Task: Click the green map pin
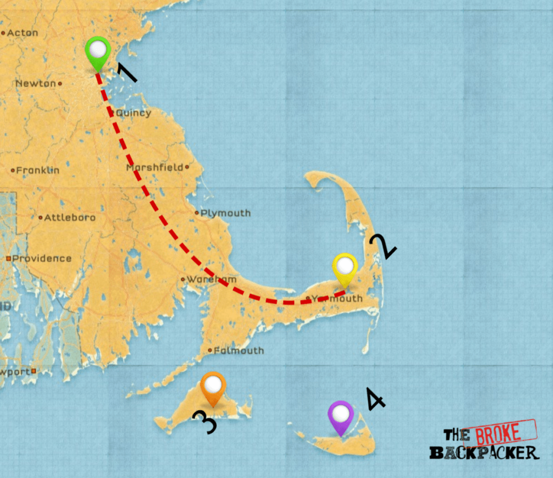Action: tap(98, 52)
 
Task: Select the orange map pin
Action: tap(213, 387)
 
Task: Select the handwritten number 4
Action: tap(375, 400)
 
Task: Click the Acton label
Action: tap(23, 33)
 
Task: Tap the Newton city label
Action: tap(36, 84)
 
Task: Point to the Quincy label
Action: tap(133, 113)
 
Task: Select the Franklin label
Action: tap(37, 170)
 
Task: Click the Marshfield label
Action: tap(155, 167)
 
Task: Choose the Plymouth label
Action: tap(225, 213)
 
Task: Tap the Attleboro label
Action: tap(69, 218)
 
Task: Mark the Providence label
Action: tap(42, 259)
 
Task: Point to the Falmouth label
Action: tap(239, 351)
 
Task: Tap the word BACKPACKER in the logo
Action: tap(484, 452)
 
